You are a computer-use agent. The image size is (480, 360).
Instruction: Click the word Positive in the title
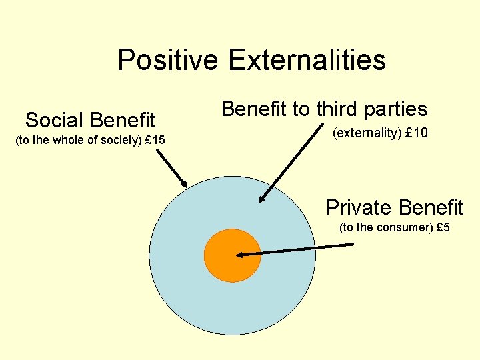click(x=167, y=60)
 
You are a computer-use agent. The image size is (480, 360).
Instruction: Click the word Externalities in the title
click(x=307, y=60)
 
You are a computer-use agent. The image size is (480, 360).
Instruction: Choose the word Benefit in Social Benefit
click(x=122, y=120)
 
